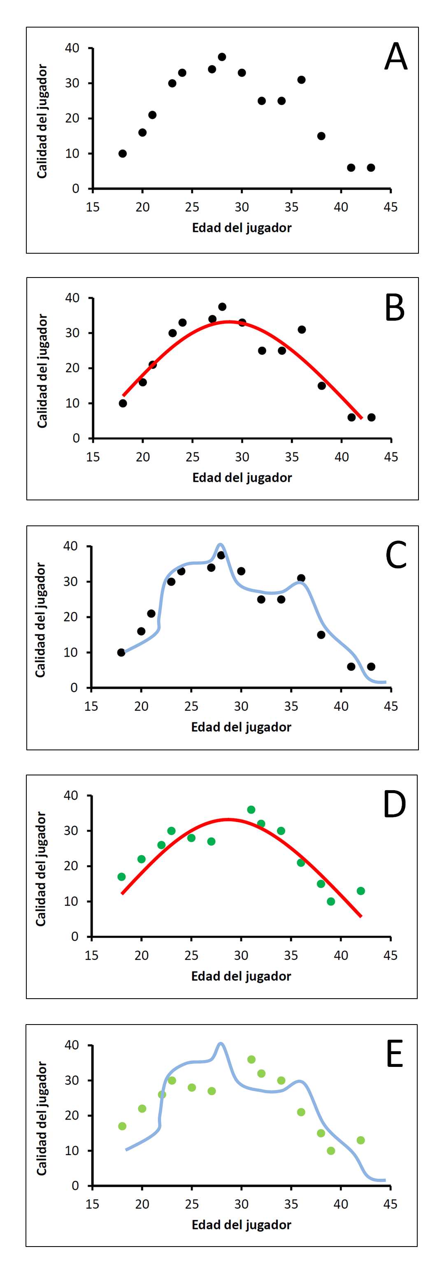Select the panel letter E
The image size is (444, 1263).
(395, 1054)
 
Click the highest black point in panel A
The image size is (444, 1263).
(222, 57)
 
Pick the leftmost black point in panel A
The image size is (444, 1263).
(123, 153)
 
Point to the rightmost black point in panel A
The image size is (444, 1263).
(371, 168)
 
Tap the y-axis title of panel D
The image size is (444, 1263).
(41, 869)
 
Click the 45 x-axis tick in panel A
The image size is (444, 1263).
(391, 207)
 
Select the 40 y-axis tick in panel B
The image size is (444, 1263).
(72, 298)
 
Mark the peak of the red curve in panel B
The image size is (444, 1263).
(229, 322)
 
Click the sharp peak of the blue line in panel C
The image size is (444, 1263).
(220, 544)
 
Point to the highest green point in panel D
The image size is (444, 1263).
(251, 810)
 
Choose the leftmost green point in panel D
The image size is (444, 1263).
(122, 877)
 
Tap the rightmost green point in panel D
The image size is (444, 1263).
(360, 891)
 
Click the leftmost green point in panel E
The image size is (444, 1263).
(122, 1126)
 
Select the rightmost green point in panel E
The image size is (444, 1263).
(360, 1140)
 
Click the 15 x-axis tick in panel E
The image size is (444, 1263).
(92, 1204)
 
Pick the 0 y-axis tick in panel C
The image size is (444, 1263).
(74, 688)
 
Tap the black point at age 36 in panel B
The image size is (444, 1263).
(302, 329)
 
